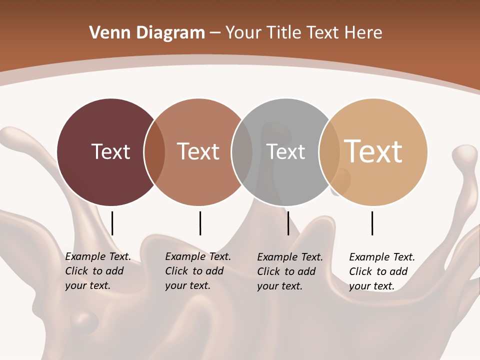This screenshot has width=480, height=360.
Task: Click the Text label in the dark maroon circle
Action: click(x=110, y=151)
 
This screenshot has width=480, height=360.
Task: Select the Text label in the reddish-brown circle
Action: click(x=198, y=151)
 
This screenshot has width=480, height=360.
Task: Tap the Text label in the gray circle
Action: click(x=285, y=151)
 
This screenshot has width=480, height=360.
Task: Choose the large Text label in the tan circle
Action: click(x=373, y=151)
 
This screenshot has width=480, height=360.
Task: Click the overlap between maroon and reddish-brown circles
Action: click(x=154, y=152)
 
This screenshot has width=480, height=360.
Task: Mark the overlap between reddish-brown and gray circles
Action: click(x=242, y=152)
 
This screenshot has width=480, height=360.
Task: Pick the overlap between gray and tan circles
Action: click(x=329, y=152)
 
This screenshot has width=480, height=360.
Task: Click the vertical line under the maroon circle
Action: click(x=112, y=223)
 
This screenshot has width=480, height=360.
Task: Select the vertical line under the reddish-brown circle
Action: click(x=200, y=223)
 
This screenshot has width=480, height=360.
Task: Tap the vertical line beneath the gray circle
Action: click(x=288, y=223)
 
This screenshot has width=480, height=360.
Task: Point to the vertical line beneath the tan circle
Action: click(x=372, y=223)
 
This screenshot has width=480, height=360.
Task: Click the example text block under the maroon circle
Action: click(x=97, y=271)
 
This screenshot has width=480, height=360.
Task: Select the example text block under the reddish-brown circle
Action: click(x=197, y=271)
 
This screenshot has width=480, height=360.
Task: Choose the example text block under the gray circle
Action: click(x=289, y=271)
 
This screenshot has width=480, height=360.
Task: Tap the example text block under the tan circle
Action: click(x=381, y=271)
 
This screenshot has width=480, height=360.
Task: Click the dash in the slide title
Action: click(x=215, y=33)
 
